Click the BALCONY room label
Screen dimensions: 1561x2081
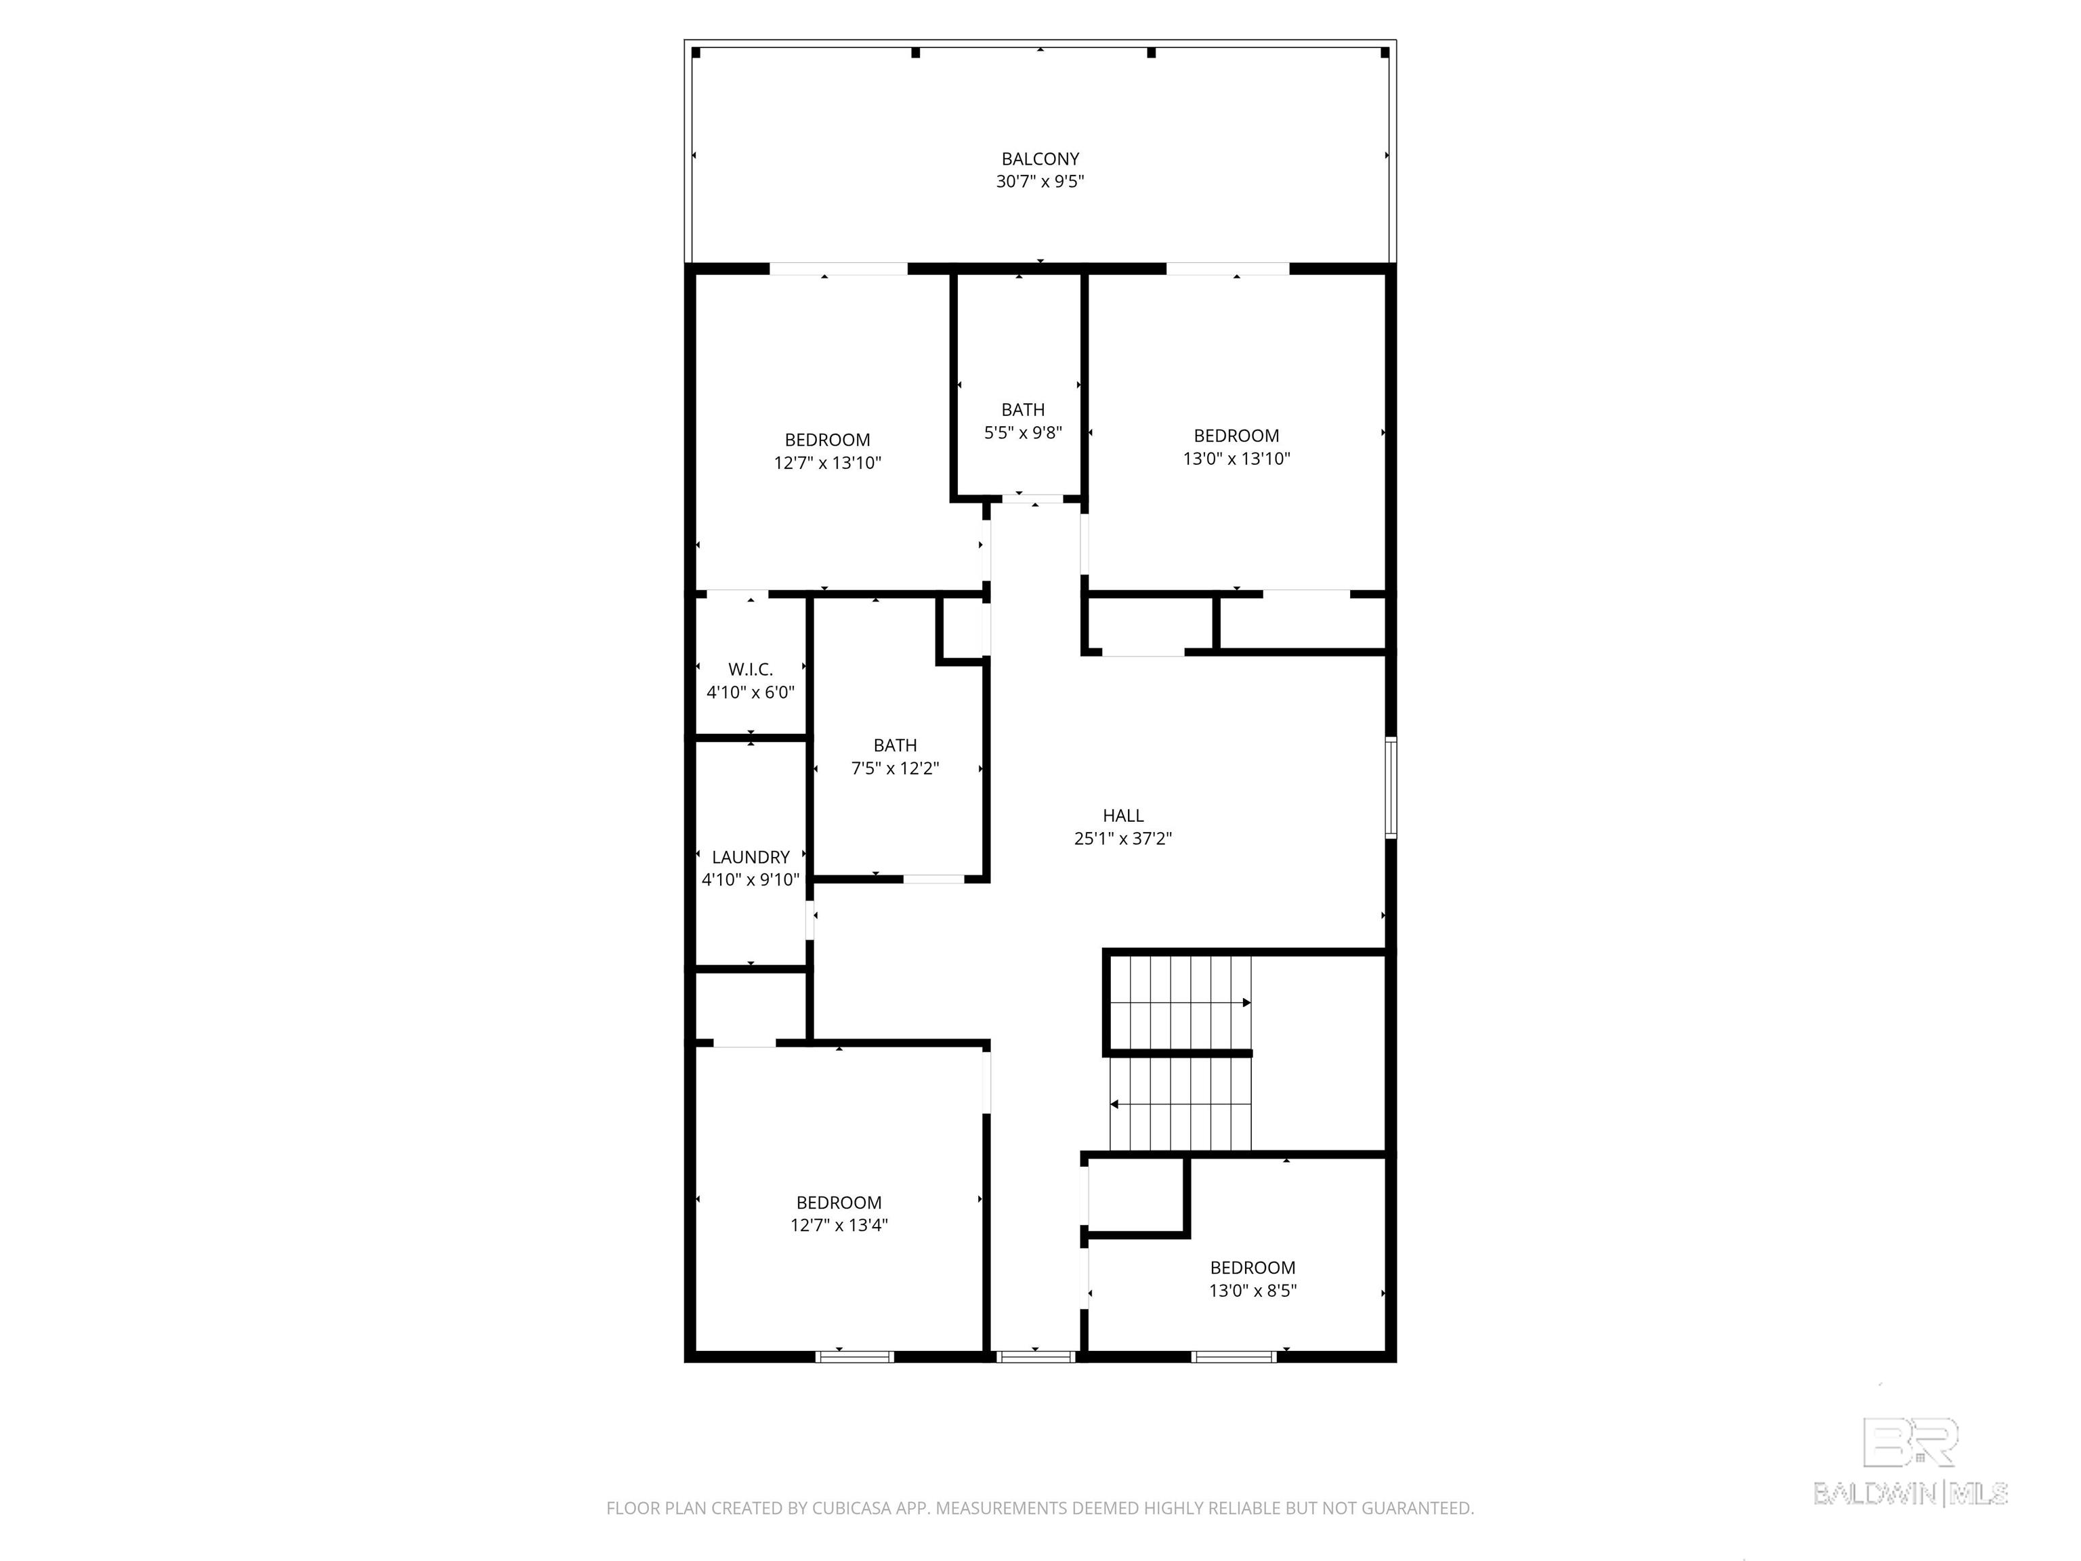1040,159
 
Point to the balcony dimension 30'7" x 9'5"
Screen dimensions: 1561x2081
1040,182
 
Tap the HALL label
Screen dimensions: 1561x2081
1122,816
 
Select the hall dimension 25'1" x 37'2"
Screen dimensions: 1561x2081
1122,838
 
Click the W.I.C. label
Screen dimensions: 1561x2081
750,669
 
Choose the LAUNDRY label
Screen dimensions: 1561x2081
750,857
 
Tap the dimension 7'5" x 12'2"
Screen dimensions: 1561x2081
895,768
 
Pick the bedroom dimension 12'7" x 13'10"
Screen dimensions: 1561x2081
827,463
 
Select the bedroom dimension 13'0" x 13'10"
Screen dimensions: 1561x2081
1236,458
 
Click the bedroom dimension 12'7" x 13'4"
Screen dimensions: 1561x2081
838,1225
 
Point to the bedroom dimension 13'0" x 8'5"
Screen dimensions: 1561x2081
1252,1290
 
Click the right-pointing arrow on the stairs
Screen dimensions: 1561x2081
1246,1003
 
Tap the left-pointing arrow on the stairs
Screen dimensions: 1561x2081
1116,1104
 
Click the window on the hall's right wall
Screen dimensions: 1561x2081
1391,787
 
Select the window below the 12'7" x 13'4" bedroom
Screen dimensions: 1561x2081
854,1356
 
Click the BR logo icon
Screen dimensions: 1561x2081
1910,1442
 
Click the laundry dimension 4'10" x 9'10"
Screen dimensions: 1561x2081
750,880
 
